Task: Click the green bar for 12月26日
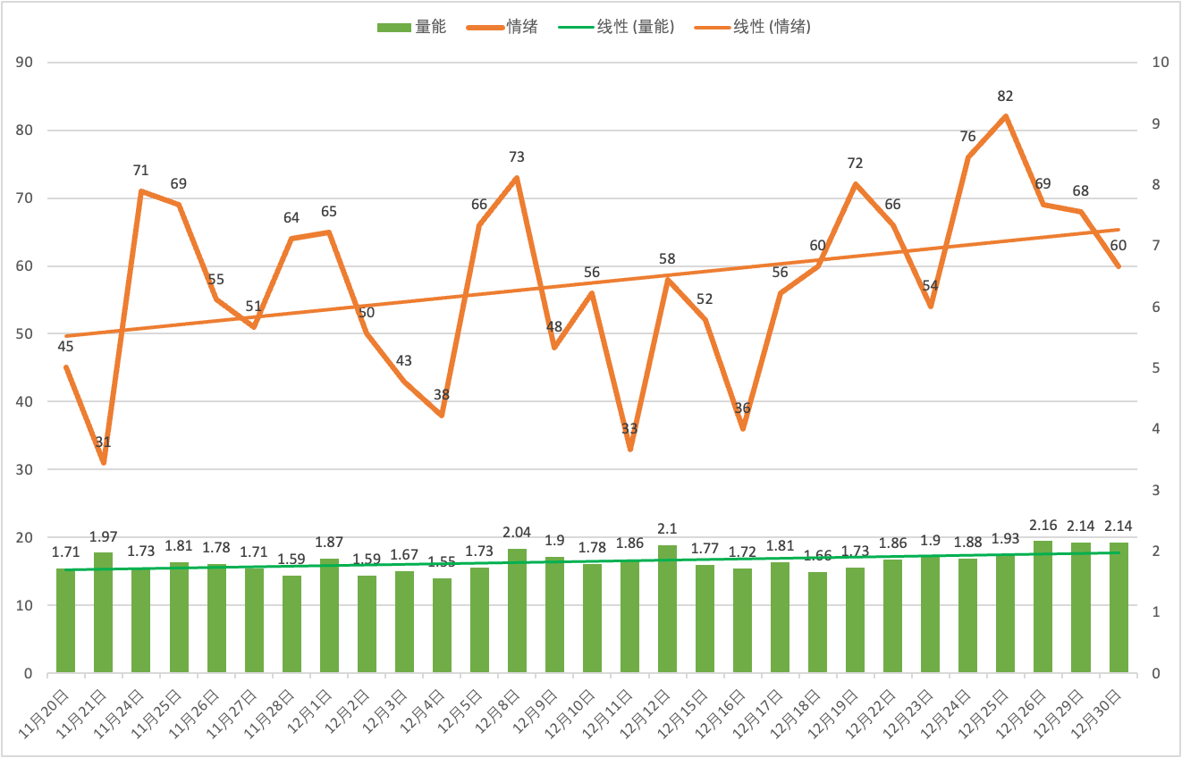[1043, 607]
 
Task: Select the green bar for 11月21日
[104, 612]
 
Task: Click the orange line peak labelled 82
[1006, 116]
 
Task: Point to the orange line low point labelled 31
[104, 462]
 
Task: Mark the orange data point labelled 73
[517, 178]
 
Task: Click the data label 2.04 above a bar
[517, 531]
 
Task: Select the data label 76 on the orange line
[967, 137]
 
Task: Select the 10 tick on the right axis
[1161, 63]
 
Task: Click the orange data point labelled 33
[629, 449]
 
